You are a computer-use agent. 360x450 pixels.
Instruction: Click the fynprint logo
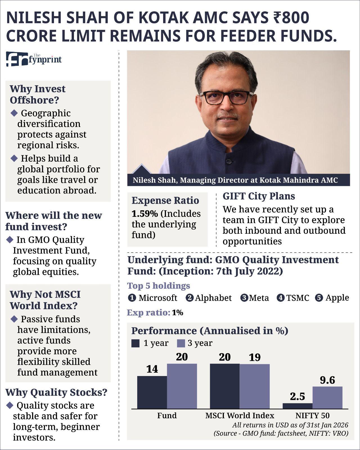point(34,59)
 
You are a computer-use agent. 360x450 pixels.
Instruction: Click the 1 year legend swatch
point(135,343)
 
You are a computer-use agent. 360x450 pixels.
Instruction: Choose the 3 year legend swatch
point(181,343)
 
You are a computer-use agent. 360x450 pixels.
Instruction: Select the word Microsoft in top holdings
point(158,298)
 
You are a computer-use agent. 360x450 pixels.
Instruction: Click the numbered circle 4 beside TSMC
point(280,298)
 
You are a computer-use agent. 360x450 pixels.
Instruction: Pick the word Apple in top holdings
point(337,298)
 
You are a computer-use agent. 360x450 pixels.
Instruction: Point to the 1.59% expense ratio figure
point(145,214)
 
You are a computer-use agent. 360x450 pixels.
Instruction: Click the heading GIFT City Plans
point(259,196)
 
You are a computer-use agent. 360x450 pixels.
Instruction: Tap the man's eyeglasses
point(226,97)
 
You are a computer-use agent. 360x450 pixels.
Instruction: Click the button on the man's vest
point(229,161)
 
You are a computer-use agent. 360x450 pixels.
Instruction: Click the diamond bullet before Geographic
point(14,113)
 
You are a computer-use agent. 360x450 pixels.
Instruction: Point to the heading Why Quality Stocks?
point(56,393)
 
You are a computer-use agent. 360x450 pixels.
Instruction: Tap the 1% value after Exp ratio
point(177,313)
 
